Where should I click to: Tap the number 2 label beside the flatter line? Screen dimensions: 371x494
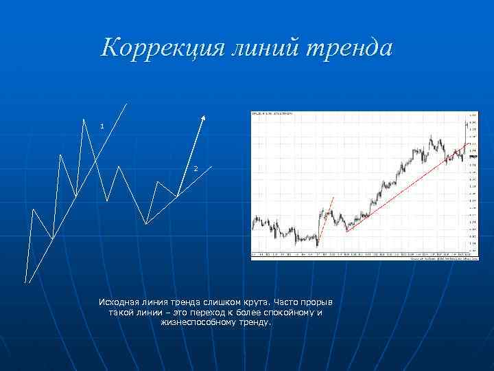195,169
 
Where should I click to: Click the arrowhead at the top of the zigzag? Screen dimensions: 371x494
203,117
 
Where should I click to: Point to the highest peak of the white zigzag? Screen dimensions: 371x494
84,120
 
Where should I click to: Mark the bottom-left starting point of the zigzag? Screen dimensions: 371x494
26,282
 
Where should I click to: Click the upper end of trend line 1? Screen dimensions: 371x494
127,103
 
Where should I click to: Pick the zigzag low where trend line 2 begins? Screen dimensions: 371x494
146,224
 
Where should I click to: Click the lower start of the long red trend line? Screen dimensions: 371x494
347,232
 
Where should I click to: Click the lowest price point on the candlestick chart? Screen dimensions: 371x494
317,245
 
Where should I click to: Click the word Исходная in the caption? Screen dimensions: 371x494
117,302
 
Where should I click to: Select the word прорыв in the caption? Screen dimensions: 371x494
318,302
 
